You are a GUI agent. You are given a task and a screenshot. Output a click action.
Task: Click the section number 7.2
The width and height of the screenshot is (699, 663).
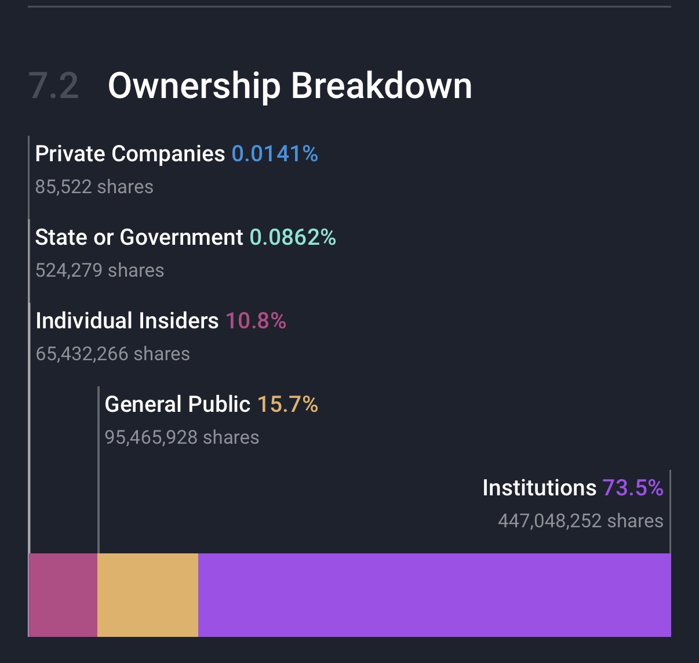click(x=53, y=86)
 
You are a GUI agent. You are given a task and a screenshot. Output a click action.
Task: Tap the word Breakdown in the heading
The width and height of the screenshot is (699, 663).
click(x=381, y=86)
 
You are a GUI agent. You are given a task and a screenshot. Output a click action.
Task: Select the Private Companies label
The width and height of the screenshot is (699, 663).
click(x=130, y=154)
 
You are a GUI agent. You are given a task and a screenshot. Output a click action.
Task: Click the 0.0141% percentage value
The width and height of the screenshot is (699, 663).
click(x=275, y=154)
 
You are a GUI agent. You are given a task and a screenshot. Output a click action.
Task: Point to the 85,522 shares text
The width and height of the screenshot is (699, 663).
click(x=94, y=187)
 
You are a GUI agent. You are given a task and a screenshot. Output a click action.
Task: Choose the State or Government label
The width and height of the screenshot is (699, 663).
click(x=139, y=237)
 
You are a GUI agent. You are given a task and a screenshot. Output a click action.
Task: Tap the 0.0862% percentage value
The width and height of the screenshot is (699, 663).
click(x=293, y=237)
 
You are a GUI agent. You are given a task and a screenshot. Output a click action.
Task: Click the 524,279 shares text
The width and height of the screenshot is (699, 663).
click(x=100, y=270)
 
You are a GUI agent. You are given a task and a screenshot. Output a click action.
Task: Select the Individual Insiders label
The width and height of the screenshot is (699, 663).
click(x=127, y=321)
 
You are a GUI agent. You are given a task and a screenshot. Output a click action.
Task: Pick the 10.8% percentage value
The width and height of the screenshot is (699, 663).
click(x=256, y=321)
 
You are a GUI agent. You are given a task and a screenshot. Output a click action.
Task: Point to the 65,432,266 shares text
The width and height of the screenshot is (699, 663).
click(x=113, y=354)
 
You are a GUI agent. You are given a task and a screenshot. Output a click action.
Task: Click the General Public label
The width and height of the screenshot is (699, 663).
click(x=177, y=404)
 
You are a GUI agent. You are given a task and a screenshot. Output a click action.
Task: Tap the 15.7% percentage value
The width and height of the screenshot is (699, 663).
click(x=287, y=404)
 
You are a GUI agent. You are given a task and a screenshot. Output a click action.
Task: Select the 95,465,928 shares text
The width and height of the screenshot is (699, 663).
click(x=182, y=437)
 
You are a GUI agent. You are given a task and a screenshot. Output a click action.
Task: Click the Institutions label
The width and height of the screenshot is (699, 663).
click(x=539, y=488)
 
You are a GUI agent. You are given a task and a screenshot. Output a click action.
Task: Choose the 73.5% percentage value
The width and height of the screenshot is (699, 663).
click(x=633, y=488)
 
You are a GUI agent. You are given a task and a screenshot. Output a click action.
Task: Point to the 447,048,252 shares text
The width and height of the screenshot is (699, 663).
click(x=580, y=521)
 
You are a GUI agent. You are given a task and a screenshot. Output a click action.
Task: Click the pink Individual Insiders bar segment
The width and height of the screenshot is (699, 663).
click(x=63, y=595)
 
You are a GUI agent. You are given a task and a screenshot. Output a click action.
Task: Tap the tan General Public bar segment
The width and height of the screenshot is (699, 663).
click(x=148, y=595)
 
